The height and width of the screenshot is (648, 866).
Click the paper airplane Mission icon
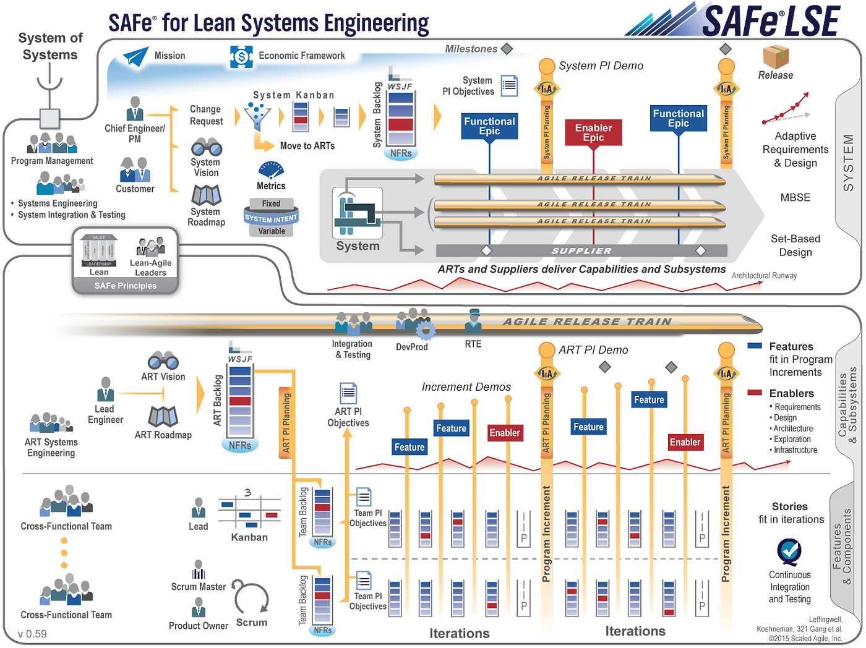click(x=135, y=56)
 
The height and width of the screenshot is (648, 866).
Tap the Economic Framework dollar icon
click(x=241, y=57)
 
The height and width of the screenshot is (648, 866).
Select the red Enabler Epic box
click(x=593, y=132)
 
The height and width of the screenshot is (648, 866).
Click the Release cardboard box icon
click(x=775, y=57)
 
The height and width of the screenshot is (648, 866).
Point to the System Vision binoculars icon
click(x=206, y=147)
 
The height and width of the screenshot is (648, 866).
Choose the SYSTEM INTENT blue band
click(x=271, y=218)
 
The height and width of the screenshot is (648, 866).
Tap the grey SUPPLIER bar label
click(x=581, y=250)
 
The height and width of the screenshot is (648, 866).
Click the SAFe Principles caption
click(x=126, y=286)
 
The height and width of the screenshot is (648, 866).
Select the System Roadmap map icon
click(x=206, y=195)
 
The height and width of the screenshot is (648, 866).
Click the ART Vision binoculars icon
click(x=163, y=360)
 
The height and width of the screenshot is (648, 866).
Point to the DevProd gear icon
click(x=424, y=330)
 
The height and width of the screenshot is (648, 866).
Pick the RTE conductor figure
click(x=473, y=322)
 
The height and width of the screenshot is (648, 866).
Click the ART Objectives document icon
click(x=348, y=393)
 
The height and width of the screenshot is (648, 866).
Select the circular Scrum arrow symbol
click(x=251, y=599)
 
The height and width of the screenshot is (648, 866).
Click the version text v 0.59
click(x=32, y=634)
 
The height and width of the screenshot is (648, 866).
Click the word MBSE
click(x=795, y=198)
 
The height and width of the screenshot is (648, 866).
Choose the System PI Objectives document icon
click(x=509, y=86)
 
